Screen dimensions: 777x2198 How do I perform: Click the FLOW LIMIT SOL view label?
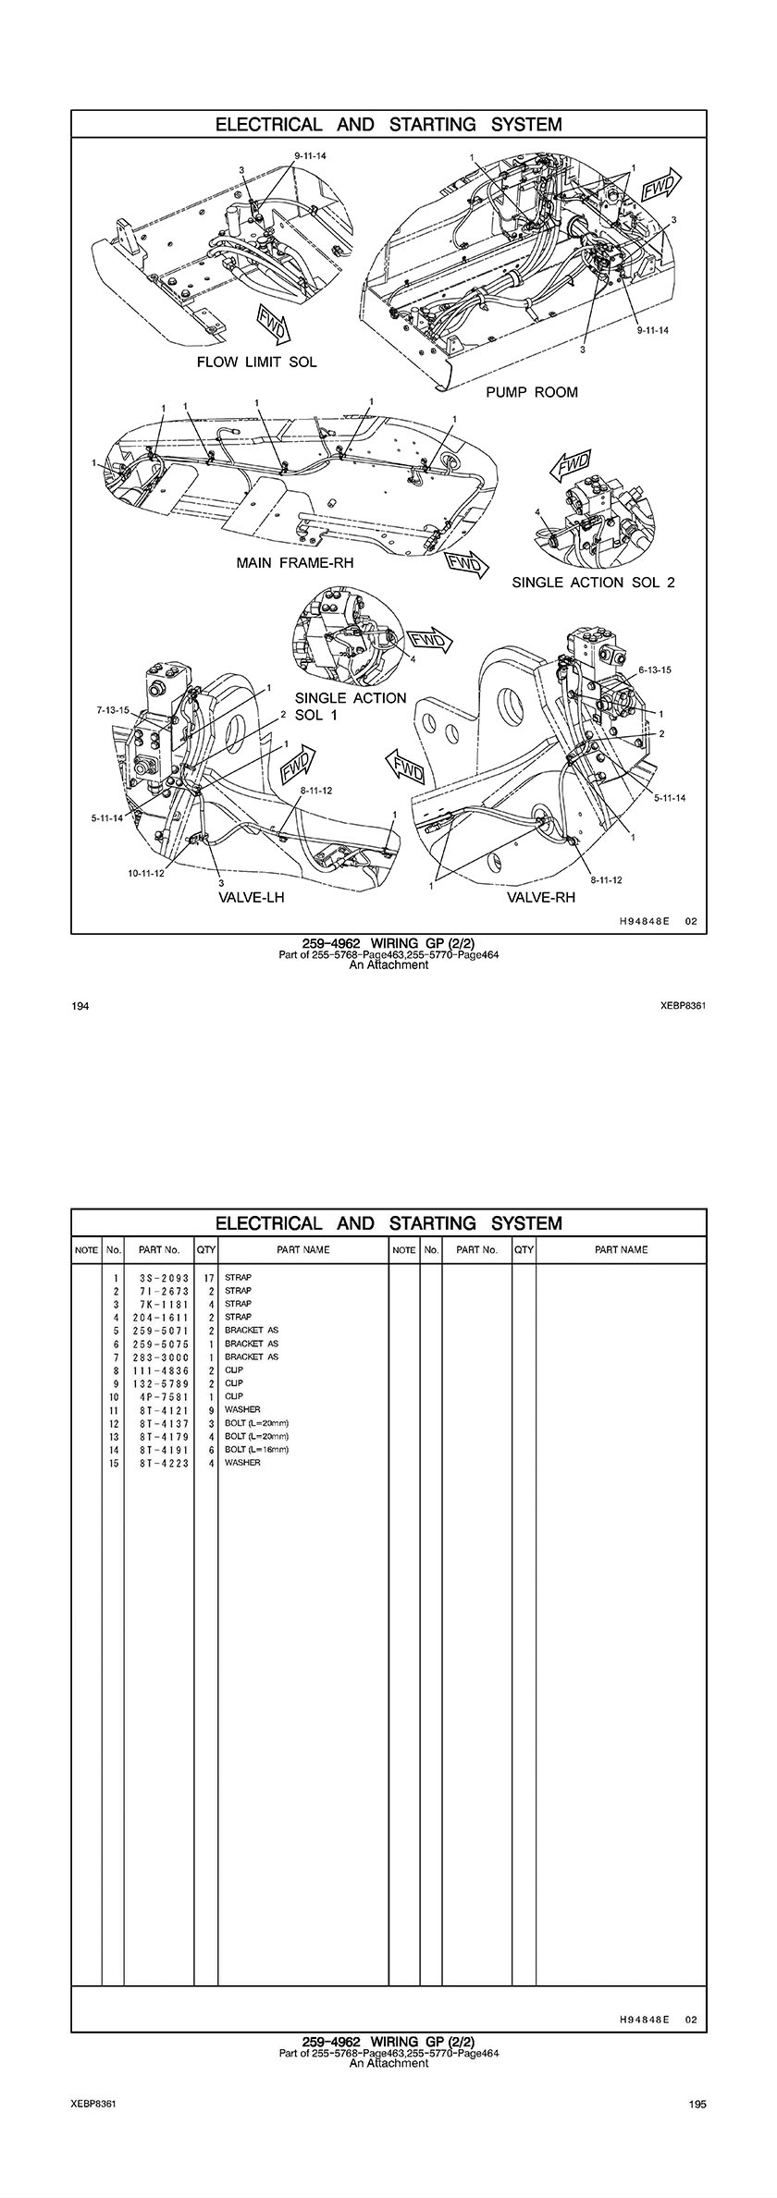[x=256, y=362]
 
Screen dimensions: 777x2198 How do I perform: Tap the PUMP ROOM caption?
[x=532, y=392]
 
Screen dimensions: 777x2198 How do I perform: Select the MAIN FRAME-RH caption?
[x=295, y=562]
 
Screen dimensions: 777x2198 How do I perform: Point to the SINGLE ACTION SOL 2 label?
[x=594, y=583]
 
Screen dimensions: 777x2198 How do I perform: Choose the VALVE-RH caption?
[x=541, y=896]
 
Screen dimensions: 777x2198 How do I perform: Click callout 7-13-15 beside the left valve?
[x=114, y=710]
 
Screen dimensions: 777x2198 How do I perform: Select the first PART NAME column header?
[x=303, y=1250]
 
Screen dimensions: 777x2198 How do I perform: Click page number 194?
[x=80, y=1006]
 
